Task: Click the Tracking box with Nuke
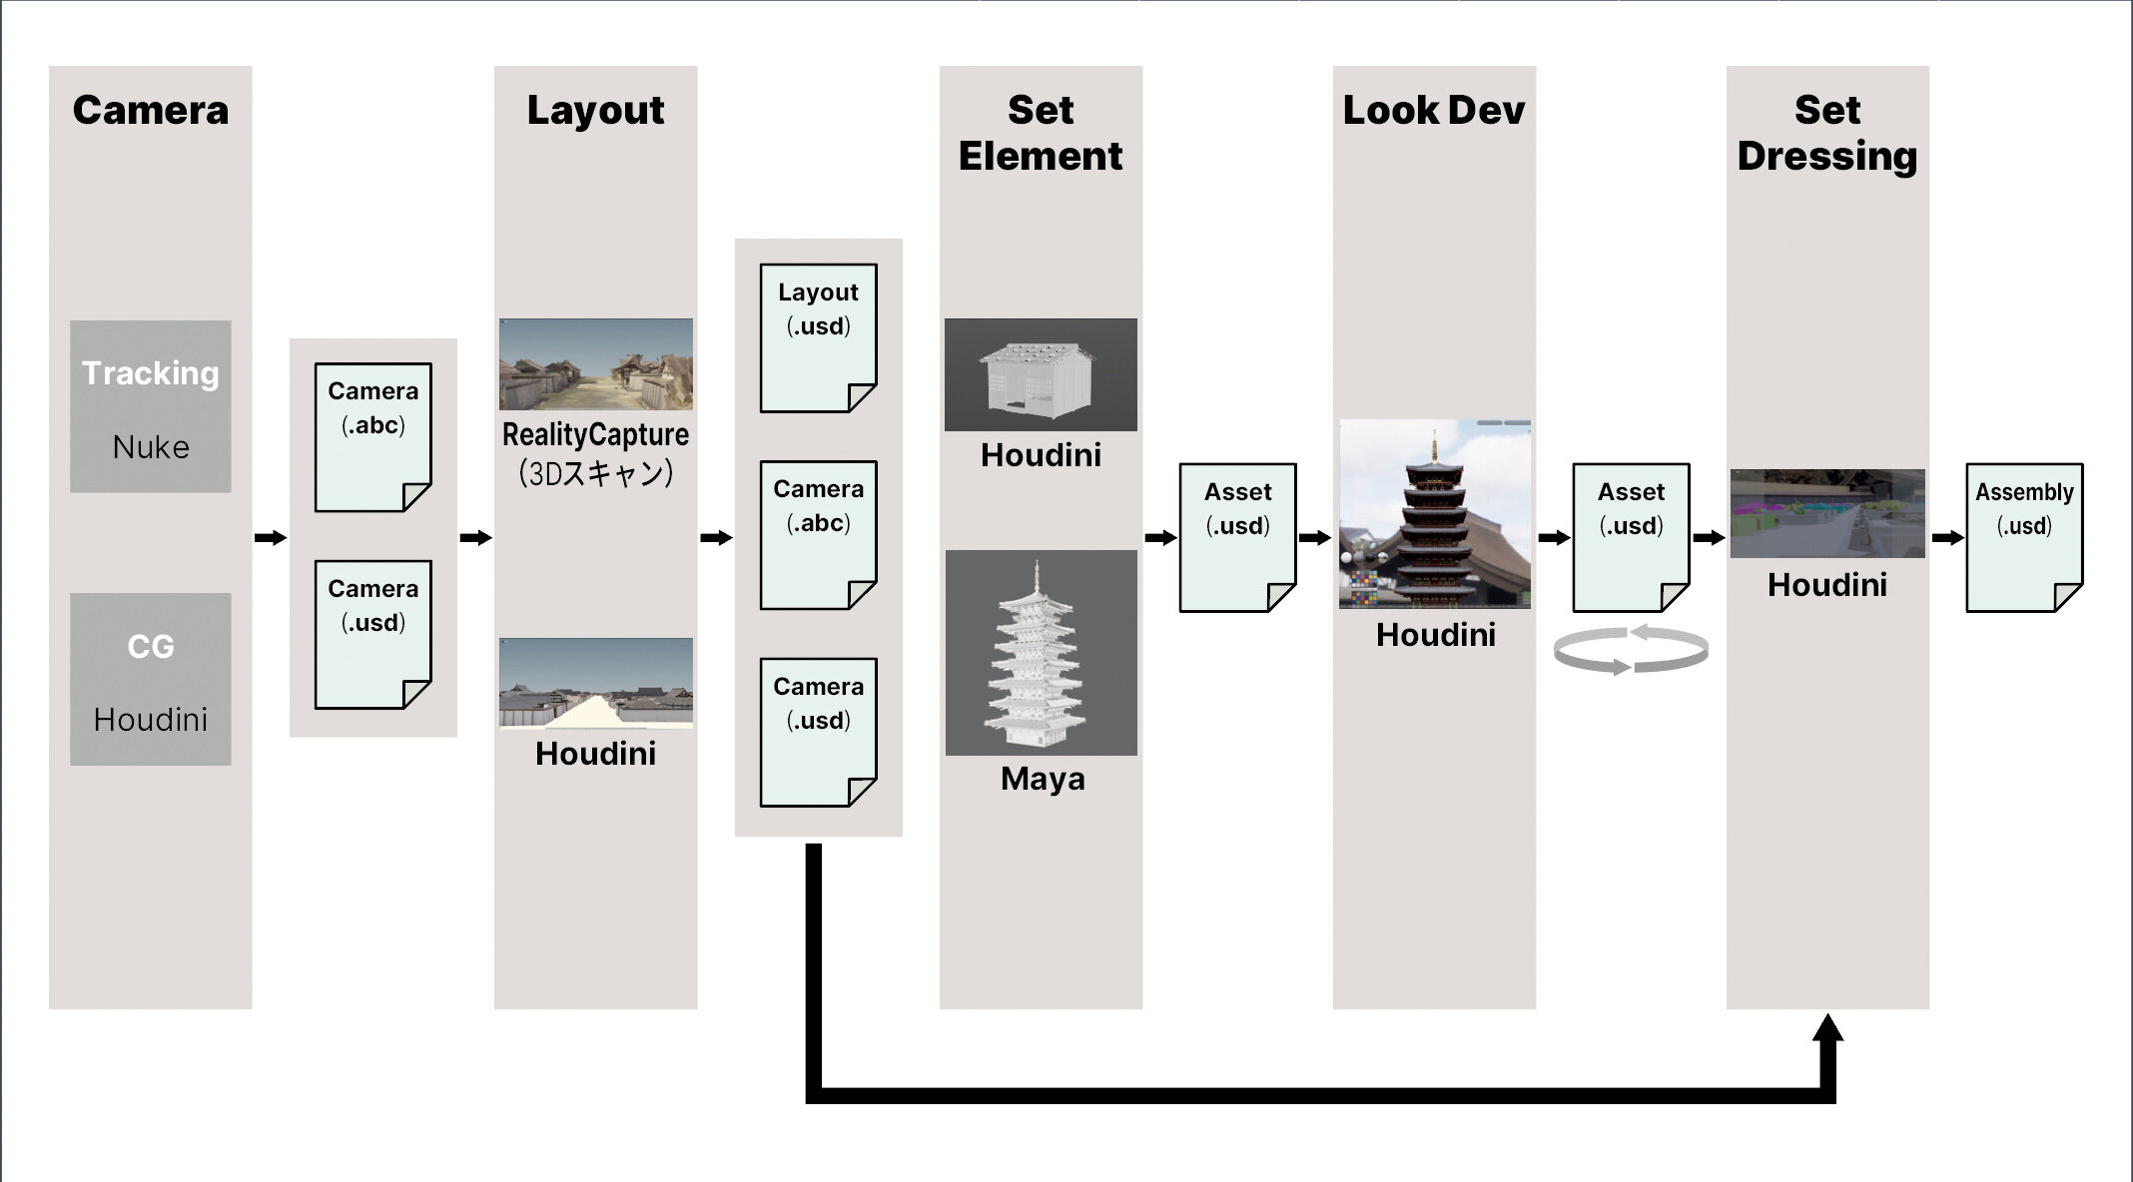tap(151, 406)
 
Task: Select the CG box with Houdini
tap(151, 679)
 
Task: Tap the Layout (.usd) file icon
tap(818, 337)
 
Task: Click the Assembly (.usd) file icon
tap(2024, 537)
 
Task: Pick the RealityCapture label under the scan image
tap(595, 434)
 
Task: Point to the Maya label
tap(1043, 779)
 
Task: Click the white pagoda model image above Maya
tap(1041, 653)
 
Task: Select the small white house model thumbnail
tap(1041, 374)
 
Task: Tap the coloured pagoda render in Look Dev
tap(1435, 514)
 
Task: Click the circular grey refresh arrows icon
tap(1631, 650)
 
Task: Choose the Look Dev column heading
tap(1434, 110)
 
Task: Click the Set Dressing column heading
tap(1827, 133)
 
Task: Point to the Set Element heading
tap(1041, 133)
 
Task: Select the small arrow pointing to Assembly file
tap(1947, 538)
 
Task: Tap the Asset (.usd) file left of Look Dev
tap(1237, 537)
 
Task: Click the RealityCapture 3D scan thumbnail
tap(596, 364)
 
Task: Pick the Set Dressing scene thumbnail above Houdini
tap(1827, 513)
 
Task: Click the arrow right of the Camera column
tap(270, 538)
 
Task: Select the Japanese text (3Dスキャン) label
tap(595, 473)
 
